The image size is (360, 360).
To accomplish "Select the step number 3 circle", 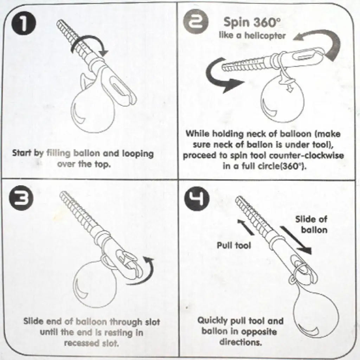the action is [21, 198].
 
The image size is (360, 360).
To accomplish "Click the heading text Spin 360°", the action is [252, 22].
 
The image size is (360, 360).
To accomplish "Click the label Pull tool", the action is [234, 245].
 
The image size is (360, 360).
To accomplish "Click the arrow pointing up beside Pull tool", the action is [245, 227].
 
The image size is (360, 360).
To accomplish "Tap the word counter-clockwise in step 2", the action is [306, 156].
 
